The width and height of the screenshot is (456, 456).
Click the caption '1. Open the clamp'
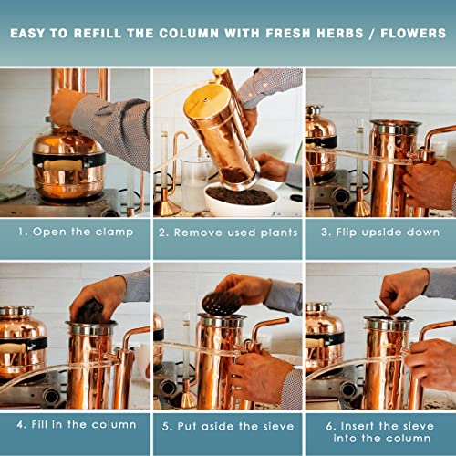75,233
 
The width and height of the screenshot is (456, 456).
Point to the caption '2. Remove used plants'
228,233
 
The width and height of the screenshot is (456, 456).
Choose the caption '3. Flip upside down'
379,233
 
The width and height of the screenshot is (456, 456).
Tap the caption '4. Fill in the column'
75,424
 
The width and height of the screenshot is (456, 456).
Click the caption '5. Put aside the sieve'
228,424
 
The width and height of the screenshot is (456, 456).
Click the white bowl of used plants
239,198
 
